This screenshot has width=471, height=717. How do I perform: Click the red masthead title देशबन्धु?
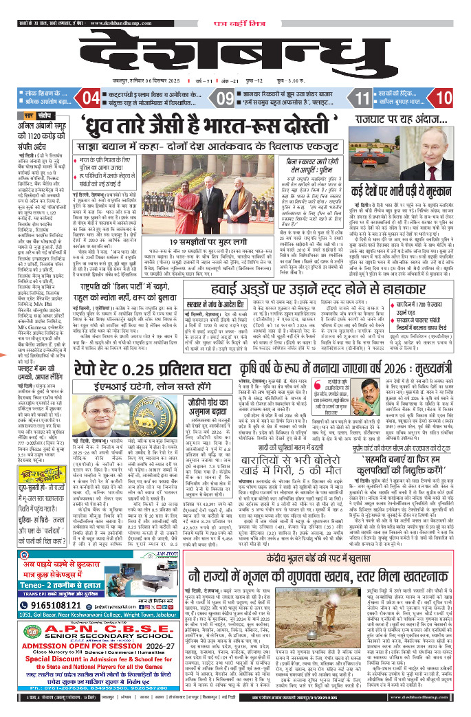(234, 41)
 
